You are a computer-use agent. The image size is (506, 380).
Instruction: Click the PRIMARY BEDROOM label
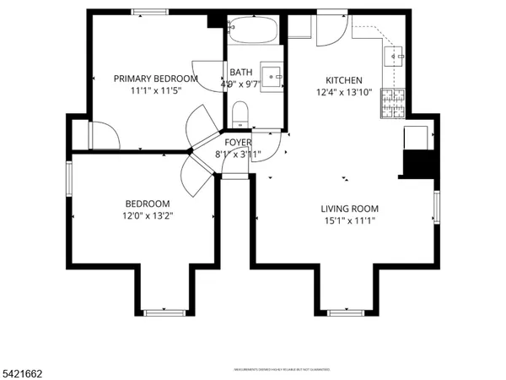click(156, 79)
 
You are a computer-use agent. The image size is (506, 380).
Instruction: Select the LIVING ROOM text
click(349, 209)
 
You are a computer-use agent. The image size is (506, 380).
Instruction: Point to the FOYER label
click(238, 143)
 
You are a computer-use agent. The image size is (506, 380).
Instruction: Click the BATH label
click(240, 73)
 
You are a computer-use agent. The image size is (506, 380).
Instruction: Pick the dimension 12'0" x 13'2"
click(148, 216)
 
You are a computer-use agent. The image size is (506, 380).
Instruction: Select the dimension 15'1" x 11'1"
click(349, 221)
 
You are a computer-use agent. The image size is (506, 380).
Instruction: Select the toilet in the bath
click(240, 113)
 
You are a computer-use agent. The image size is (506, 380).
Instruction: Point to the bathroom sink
click(273, 75)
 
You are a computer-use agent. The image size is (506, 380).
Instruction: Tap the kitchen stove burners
click(393, 103)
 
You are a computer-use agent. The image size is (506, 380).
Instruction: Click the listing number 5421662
click(24, 372)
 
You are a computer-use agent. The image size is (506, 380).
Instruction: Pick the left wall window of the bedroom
click(70, 178)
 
